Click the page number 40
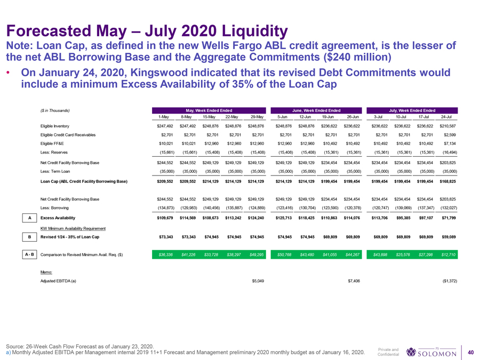[x=470, y=351]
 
